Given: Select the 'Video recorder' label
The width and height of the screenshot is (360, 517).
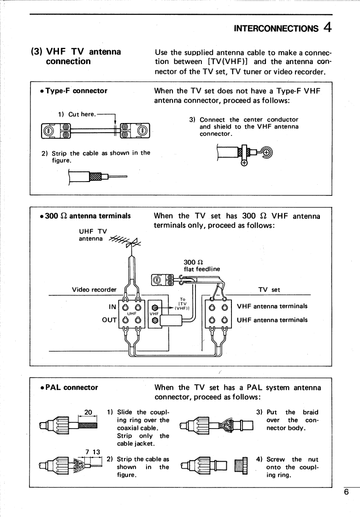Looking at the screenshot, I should pos(94,290).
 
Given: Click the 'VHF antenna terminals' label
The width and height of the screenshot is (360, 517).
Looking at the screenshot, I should pos(272,306).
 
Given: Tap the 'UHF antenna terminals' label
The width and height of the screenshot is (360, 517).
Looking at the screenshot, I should pos(272,320).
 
